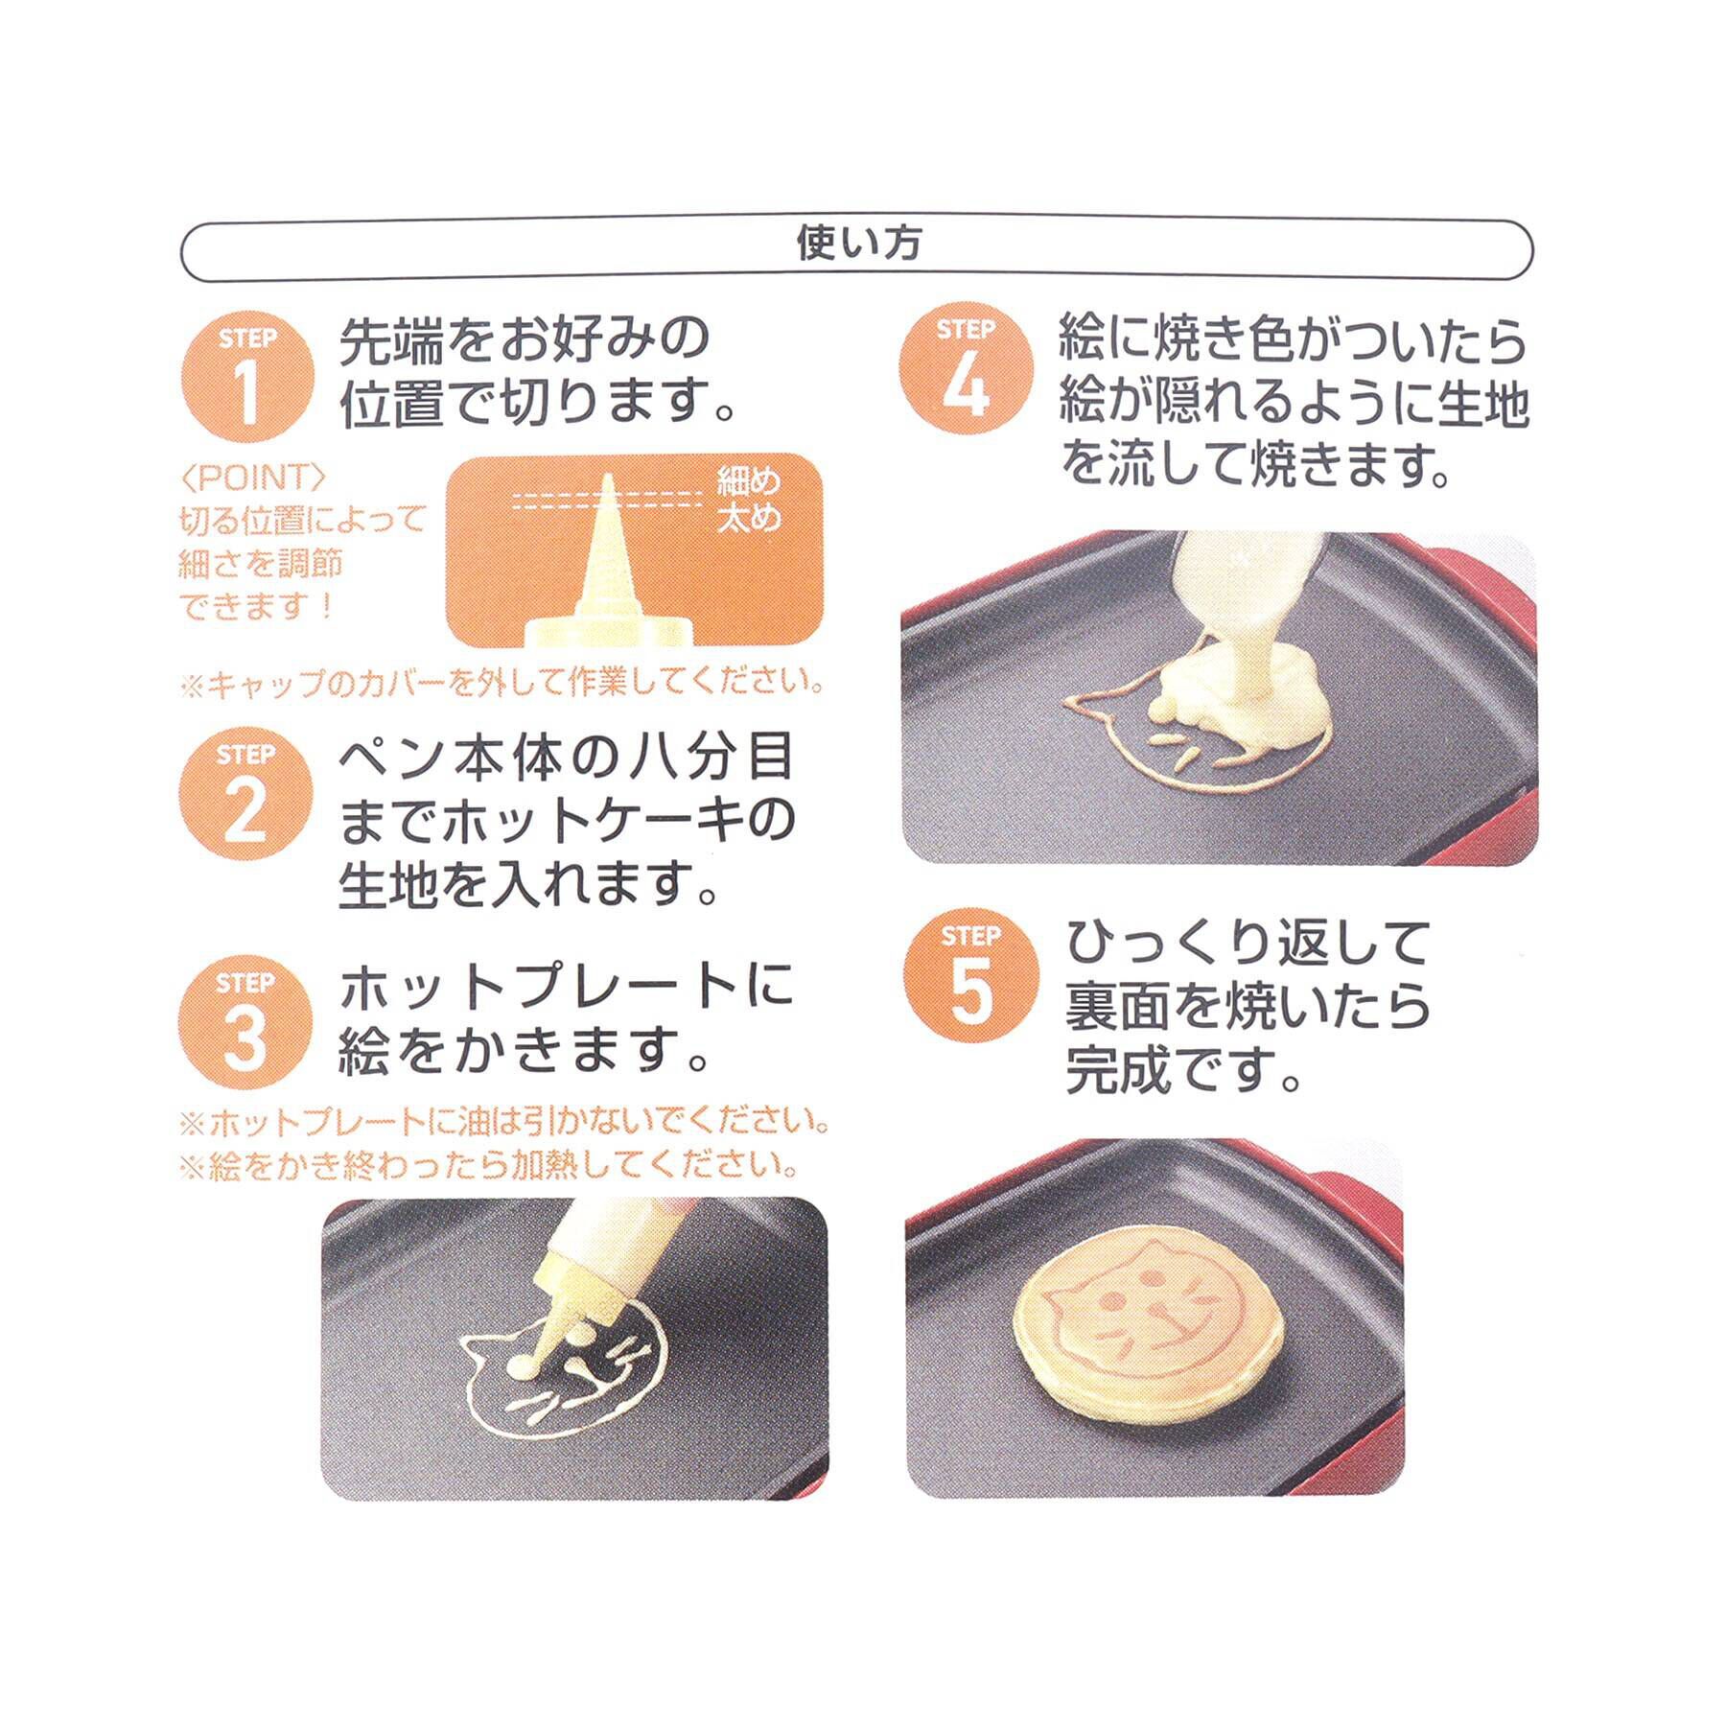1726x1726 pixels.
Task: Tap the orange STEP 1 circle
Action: (247, 376)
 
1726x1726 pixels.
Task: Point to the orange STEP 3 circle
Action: (245, 1022)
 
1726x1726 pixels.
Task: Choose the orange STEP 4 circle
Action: (968, 370)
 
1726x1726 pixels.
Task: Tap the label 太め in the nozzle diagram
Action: (749, 519)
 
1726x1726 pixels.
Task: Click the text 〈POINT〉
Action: (254, 478)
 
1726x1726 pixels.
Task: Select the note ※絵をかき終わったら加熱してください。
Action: (489, 1166)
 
